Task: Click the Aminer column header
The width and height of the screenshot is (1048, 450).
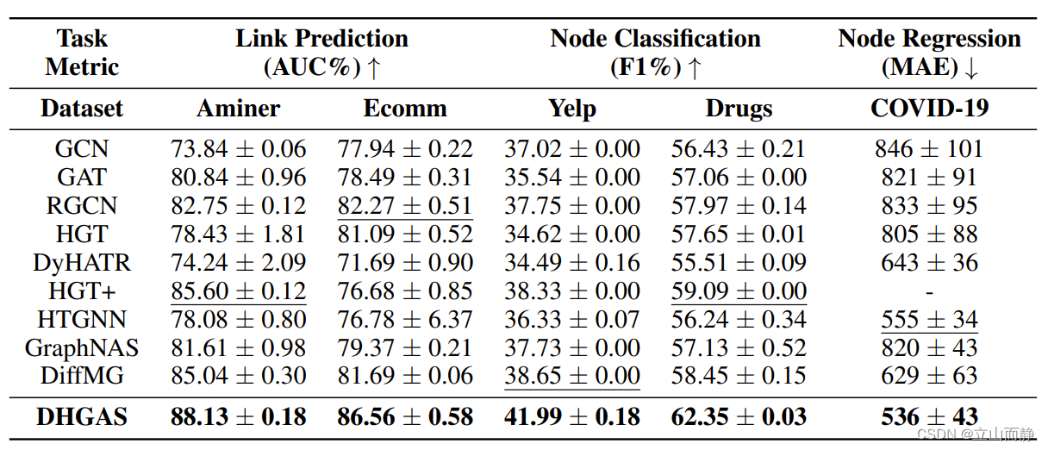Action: [x=239, y=109]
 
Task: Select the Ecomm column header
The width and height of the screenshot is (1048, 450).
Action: [x=405, y=109]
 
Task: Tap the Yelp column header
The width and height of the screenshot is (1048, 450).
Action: [x=571, y=109]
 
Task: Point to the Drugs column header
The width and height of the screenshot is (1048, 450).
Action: [x=739, y=109]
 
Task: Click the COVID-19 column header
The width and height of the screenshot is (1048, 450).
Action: [x=929, y=109]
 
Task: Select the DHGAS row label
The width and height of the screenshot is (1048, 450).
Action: [x=82, y=417]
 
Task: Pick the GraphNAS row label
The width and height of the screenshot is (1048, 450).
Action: [x=82, y=348]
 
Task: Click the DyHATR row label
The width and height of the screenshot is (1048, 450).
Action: [x=82, y=263]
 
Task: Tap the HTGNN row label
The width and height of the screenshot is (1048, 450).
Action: [x=82, y=320]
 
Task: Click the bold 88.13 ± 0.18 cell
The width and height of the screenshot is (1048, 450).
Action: [x=239, y=417]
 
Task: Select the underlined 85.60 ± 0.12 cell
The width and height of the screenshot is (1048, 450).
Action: [x=239, y=291]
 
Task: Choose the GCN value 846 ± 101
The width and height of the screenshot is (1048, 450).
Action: [x=929, y=149]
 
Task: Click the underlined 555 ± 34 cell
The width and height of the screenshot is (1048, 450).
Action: [x=929, y=320]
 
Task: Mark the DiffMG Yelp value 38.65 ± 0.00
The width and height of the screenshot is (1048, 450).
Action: [x=571, y=377]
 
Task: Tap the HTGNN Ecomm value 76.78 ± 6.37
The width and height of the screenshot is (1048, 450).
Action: [x=405, y=320]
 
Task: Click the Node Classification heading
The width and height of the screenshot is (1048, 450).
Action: [x=655, y=39]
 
